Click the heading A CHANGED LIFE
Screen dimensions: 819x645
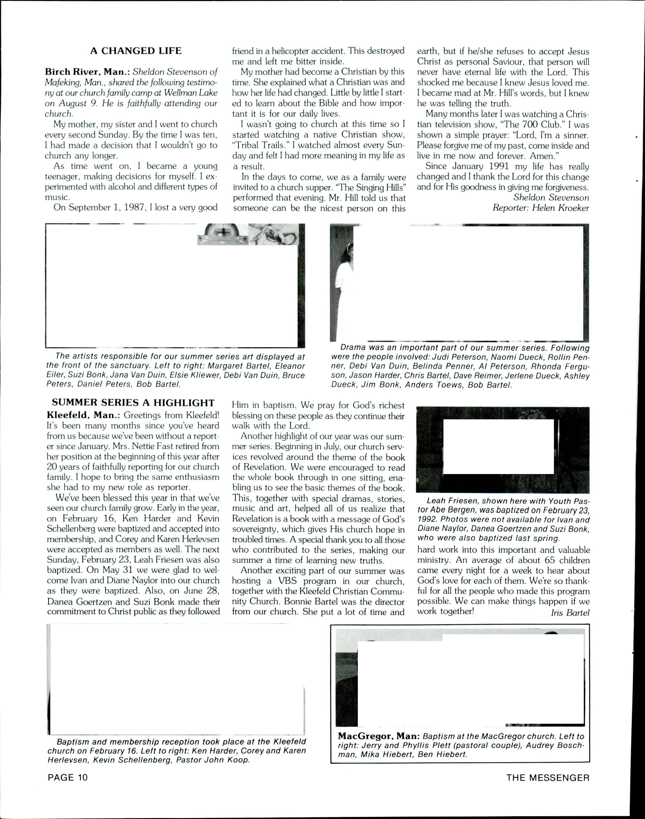pos(136,51)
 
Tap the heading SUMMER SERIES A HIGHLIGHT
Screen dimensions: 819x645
pos(133,403)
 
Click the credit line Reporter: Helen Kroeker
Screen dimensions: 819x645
pos(541,208)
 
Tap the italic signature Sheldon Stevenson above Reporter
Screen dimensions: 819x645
pos(551,198)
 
